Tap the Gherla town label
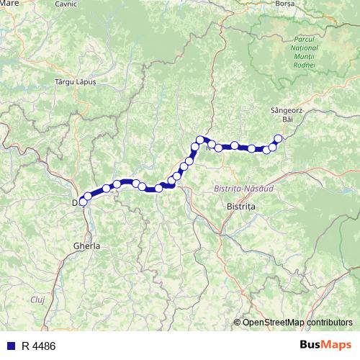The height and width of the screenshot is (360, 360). (x=86, y=246)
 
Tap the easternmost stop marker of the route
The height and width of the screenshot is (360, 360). (x=278, y=138)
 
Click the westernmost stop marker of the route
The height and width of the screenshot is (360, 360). (x=82, y=202)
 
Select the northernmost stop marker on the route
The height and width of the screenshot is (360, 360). (x=199, y=139)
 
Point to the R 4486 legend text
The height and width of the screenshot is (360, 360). (x=38, y=346)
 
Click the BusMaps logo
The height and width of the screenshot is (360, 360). (x=325, y=345)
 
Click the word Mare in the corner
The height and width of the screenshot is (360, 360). (x=10, y=4)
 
